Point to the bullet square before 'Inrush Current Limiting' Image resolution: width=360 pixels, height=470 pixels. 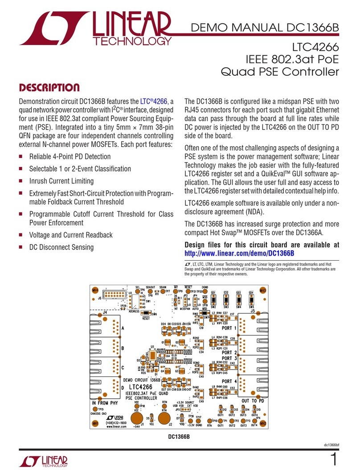click(21, 181)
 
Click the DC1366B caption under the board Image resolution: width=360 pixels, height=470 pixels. click(179, 437)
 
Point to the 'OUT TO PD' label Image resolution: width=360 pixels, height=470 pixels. click(252, 401)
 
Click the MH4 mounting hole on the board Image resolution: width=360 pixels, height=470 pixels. click(94, 290)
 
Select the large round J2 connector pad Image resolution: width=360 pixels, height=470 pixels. click(165, 418)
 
